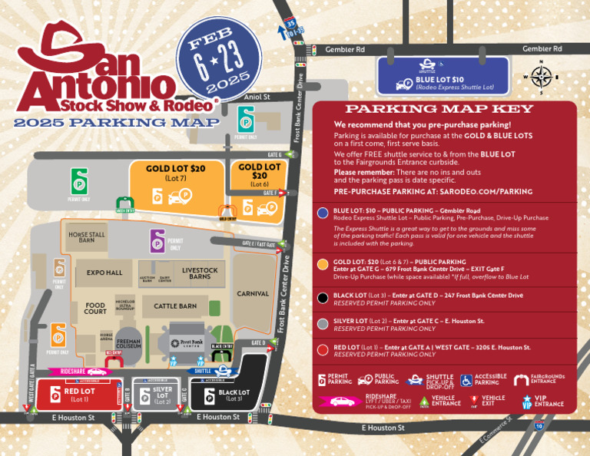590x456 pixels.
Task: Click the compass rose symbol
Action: [x=541, y=77]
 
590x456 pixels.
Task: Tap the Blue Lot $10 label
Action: [x=440, y=80]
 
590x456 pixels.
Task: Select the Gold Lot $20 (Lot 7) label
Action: [x=176, y=173]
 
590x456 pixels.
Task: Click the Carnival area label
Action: [x=253, y=293]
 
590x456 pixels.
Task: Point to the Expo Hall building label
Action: [x=104, y=273]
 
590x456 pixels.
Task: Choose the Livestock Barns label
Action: [x=200, y=273]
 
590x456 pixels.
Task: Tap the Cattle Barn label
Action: [x=175, y=306]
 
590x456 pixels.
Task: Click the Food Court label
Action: [x=95, y=309]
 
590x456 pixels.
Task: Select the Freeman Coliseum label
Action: [x=128, y=345]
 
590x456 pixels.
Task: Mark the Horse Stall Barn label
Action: [x=87, y=237]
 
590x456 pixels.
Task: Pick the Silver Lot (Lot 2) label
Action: [x=161, y=395]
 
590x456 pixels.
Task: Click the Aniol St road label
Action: [x=257, y=97]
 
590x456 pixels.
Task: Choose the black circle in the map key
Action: [x=323, y=298]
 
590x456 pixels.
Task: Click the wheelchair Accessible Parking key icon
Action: [x=466, y=380]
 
